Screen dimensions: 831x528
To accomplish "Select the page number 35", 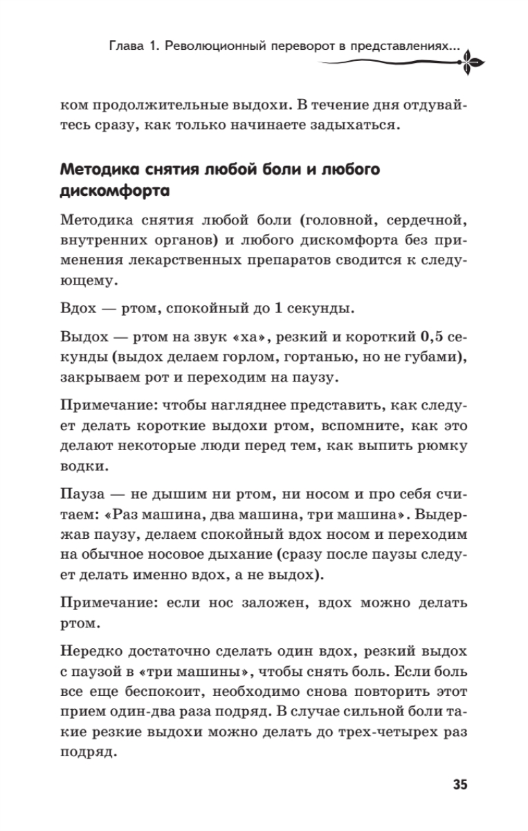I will coord(460,784).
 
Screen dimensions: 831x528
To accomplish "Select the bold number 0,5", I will coord(432,338).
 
